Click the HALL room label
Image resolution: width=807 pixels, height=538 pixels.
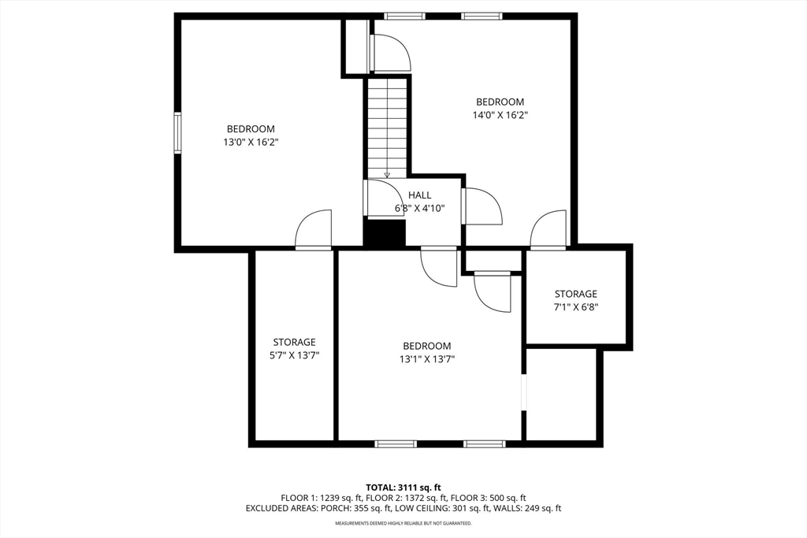419,195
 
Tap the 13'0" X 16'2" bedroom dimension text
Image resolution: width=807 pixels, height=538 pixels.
251,143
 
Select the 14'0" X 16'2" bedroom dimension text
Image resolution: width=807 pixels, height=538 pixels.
500,115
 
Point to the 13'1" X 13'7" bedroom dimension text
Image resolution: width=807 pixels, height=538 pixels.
426,359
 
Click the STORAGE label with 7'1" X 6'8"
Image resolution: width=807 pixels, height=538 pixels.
575,294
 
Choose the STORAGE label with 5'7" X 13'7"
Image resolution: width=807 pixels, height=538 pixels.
294,342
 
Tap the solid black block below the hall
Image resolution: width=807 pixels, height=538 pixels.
384,233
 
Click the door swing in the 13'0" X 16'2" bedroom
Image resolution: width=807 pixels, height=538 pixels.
314,229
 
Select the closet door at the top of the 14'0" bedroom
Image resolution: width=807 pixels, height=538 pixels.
389,54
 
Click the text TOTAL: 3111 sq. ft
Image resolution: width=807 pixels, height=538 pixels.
403,487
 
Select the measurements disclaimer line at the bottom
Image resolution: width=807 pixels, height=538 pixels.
403,523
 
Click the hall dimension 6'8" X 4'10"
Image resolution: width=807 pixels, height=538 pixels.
419,209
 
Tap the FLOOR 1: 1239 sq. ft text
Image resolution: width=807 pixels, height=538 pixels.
318,498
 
